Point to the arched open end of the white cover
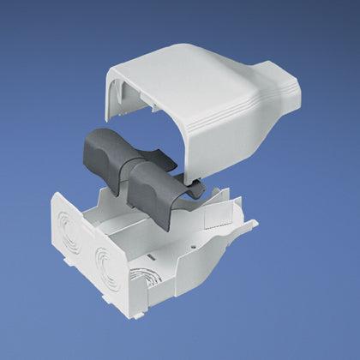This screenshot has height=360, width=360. click(x=129, y=103)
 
